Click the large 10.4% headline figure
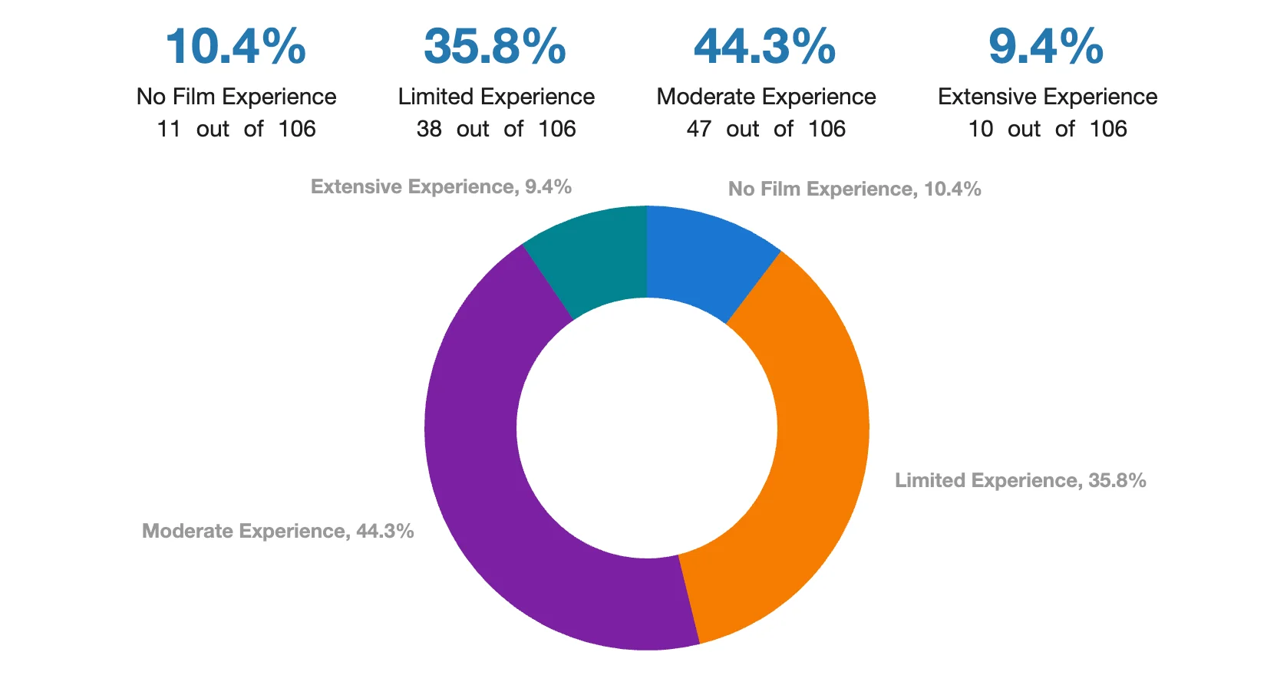click(236, 47)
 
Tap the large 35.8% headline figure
click(495, 47)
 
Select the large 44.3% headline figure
click(764, 47)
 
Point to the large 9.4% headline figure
click(1046, 47)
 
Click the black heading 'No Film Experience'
click(236, 97)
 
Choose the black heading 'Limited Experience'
click(496, 97)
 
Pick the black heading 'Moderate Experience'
click(766, 97)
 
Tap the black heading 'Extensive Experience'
click(1048, 97)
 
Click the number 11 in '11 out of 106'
click(169, 129)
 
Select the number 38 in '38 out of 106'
click(429, 129)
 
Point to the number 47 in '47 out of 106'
click(699, 129)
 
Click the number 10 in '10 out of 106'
click(981, 129)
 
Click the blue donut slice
click(702, 261)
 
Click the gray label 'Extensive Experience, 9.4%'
click(441, 187)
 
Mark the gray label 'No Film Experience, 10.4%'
click(854, 189)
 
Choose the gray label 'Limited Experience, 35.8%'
click(1020, 481)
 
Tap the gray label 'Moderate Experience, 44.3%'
click(278, 532)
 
